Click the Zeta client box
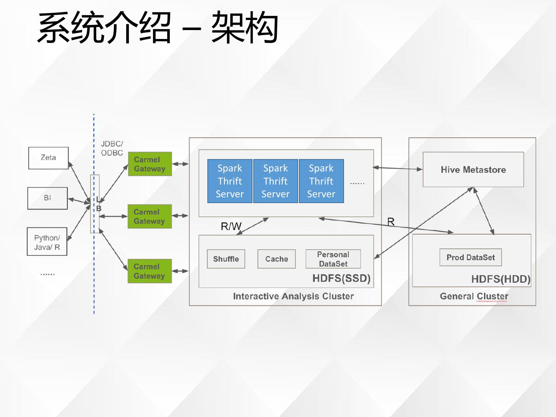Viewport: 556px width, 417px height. (x=48, y=158)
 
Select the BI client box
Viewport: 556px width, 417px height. (x=47, y=198)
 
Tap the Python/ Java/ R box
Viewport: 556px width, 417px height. (x=47, y=242)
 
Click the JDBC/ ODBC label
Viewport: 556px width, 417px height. (x=112, y=148)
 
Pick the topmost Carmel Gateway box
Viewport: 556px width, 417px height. (x=150, y=164)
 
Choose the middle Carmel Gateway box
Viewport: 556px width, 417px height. (x=150, y=217)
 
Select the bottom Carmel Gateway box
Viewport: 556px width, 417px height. (x=150, y=271)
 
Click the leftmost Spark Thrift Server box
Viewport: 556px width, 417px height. (x=230, y=181)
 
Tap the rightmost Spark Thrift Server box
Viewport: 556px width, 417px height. (x=322, y=181)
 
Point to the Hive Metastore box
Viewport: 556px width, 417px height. (x=473, y=170)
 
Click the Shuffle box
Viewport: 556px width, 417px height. (x=226, y=259)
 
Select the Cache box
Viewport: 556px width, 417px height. (x=276, y=259)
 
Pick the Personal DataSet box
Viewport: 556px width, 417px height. (x=333, y=259)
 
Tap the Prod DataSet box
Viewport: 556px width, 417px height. (x=471, y=258)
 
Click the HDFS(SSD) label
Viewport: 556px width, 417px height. (x=341, y=278)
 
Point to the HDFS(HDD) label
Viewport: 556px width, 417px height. (x=501, y=279)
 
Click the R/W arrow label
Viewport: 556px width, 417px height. (x=231, y=226)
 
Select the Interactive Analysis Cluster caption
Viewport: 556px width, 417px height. (x=293, y=296)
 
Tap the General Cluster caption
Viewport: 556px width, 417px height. (x=474, y=296)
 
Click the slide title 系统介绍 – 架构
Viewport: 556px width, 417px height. (x=158, y=27)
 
